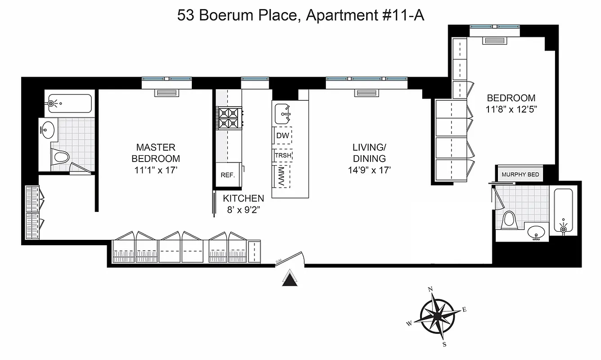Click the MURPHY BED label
(x=520, y=175)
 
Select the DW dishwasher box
(x=283, y=135)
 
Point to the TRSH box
(x=283, y=156)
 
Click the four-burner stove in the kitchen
(x=230, y=117)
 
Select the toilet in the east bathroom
(x=510, y=220)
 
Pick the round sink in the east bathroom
(x=536, y=233)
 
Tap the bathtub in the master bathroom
(x=70, y=103)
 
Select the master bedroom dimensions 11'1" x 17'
(x=155, y=170)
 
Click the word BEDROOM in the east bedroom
(x=511, y=98)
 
